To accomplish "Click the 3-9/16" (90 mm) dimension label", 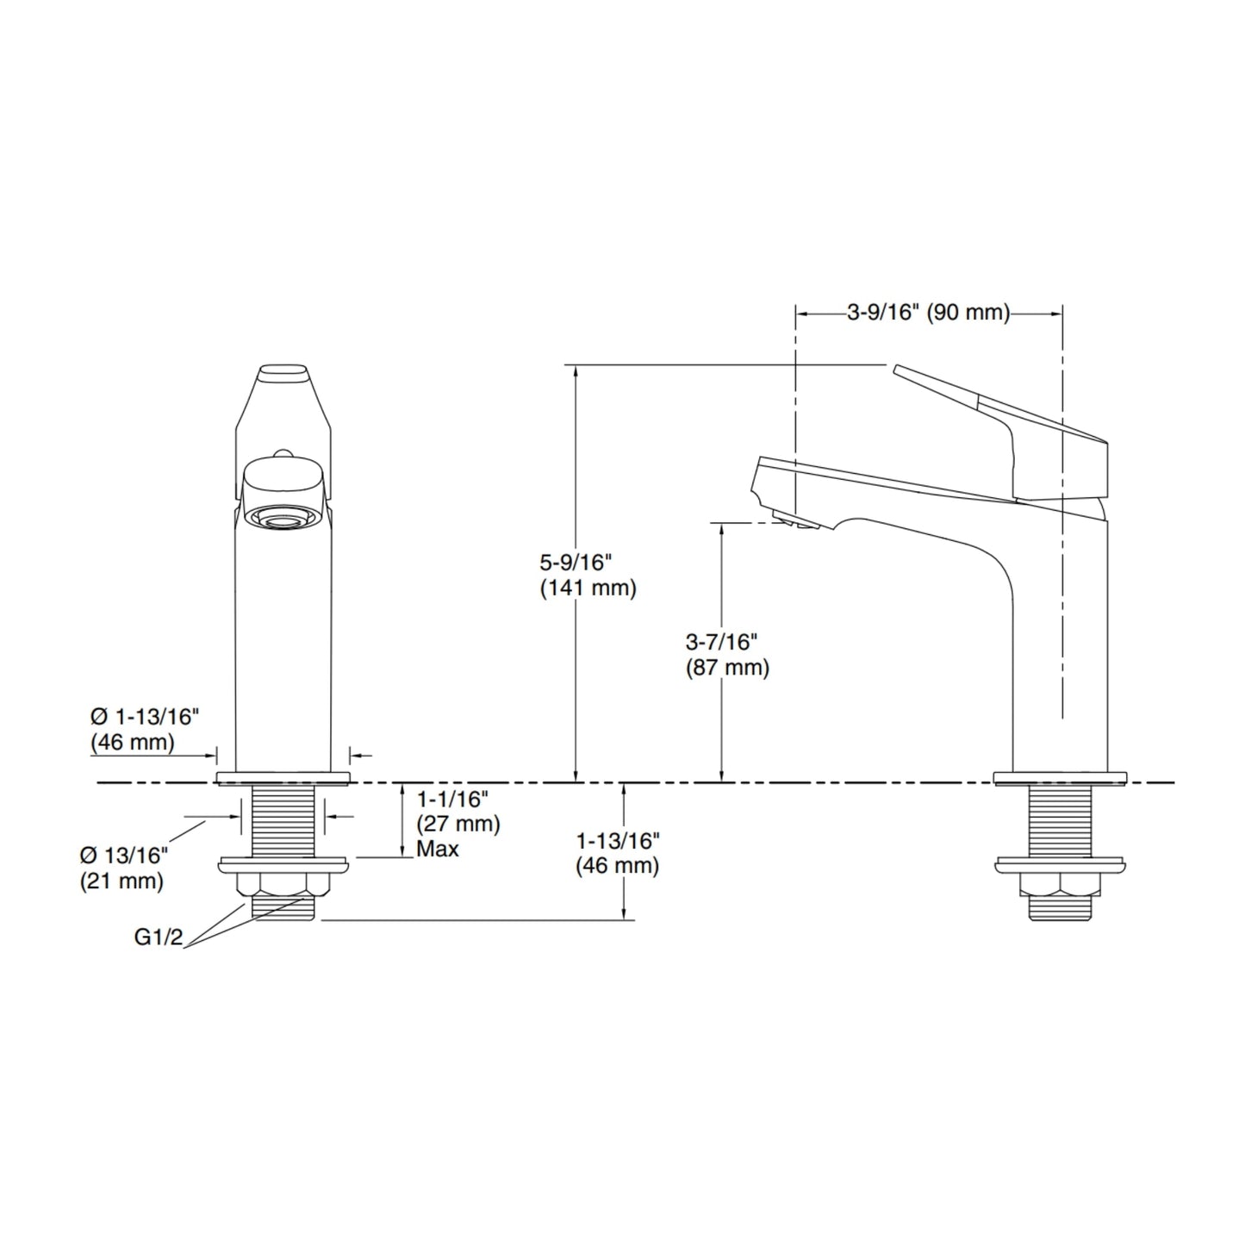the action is (x=928, y=313).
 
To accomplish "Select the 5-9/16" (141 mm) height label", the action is (x=588, y=575).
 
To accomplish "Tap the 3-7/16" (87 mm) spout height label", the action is (x=727, y=655).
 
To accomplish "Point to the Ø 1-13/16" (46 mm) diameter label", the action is (x=144, y=730).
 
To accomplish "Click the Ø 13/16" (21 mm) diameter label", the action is (x=123, y=868).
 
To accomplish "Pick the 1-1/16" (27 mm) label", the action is (x=458, y=812).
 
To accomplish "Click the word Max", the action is (x=438, y=849).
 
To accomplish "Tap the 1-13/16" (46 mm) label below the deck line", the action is (x=618, y=854).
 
